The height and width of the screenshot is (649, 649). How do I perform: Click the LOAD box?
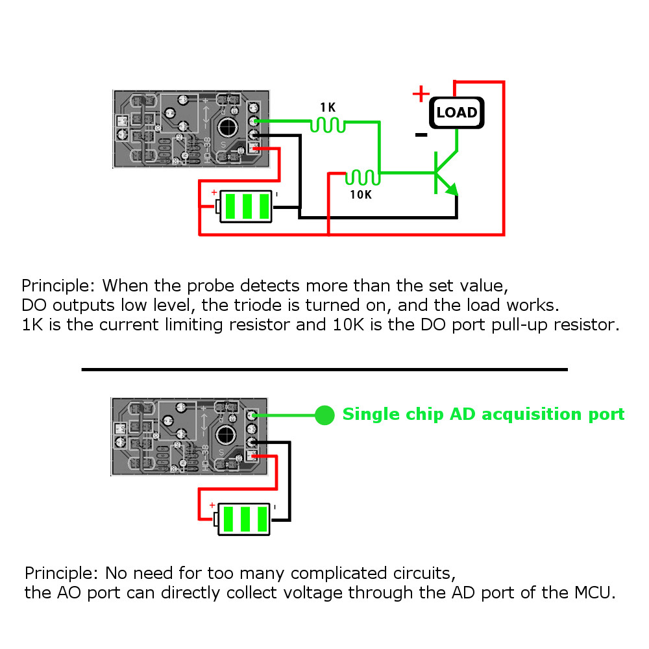[x=457, y=112]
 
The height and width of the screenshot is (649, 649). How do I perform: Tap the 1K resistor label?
[x=328, y=106]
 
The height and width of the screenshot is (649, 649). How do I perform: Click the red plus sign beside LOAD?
[x=421, y=95]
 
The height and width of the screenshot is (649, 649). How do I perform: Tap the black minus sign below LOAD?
[x=421, y=135]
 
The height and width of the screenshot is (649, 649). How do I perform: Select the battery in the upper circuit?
[x=245, y=206]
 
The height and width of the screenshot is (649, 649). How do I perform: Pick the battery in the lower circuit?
[x=245, y=519]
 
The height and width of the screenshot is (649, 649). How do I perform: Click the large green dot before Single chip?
[x=324, y=415]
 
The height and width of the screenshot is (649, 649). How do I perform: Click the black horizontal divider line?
[x=324, y=369]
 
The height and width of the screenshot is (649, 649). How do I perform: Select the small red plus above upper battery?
[x=214, y=192]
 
